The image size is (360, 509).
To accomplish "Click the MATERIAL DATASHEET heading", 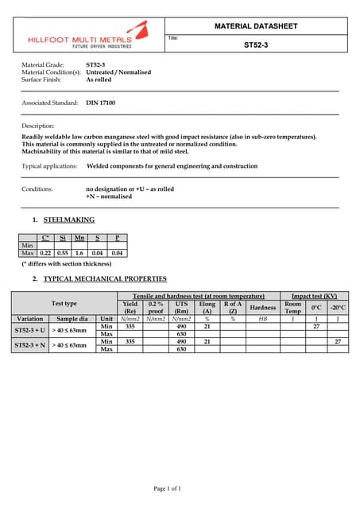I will [256, 26].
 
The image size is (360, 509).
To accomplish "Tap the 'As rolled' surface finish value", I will [99, 80].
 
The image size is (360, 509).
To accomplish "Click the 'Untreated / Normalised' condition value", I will [118, 72].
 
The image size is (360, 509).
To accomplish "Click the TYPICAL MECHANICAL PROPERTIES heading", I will [105, 279].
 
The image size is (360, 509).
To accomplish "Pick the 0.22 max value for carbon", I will [45, 253].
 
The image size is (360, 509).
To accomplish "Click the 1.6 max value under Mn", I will [79, 253].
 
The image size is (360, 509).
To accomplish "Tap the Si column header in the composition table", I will [62, 238].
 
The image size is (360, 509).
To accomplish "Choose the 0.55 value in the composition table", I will [62, 253].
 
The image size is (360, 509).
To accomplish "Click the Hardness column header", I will [262, 307].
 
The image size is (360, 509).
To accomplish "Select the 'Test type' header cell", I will [64, 303].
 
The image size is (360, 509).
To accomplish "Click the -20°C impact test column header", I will [338, 307].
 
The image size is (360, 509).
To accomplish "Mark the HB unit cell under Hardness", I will [262, 318].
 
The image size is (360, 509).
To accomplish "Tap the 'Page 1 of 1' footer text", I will [180, 488].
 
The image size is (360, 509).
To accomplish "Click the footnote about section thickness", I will [67, 263].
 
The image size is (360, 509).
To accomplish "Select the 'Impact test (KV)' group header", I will [315, 296].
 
